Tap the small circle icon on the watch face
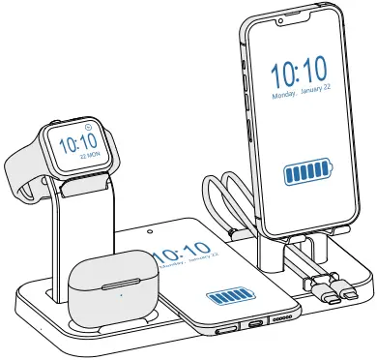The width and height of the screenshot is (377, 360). pos(87,126)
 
